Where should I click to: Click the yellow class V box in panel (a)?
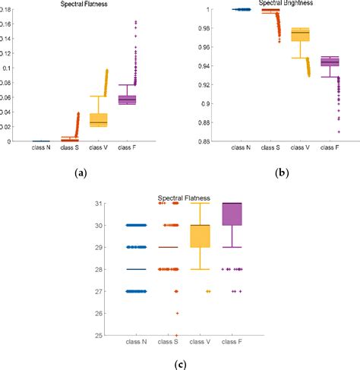pos(99,119)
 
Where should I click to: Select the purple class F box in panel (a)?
pos(127,100)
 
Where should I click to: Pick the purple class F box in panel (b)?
pos(330,62)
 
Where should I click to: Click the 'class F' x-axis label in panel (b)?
pos(330,148)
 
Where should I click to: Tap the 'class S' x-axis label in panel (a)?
pos(70,148)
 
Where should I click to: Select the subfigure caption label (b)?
pos(283,173)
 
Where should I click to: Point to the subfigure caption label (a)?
pos(81,173)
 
